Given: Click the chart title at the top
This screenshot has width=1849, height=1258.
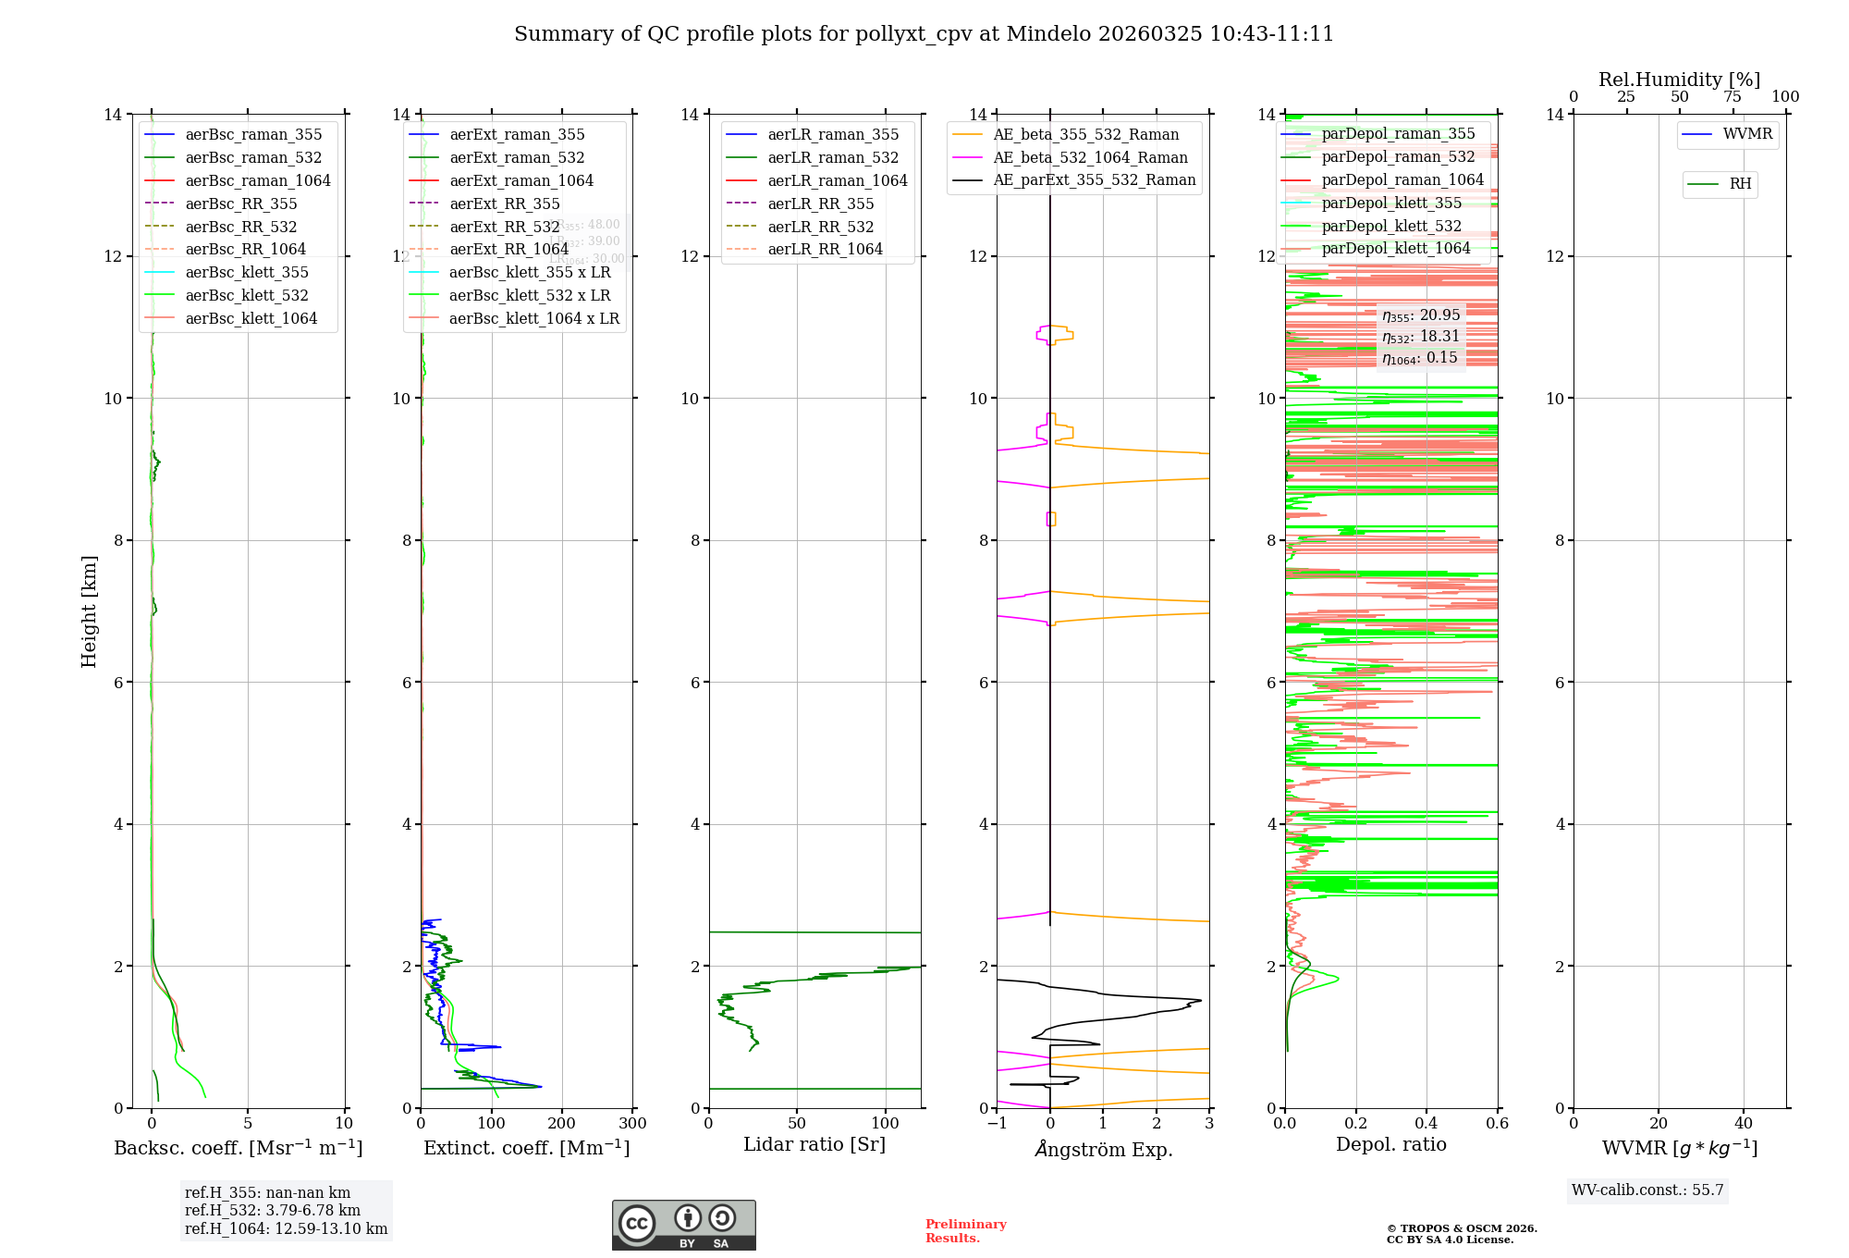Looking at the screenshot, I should tap(924, 34).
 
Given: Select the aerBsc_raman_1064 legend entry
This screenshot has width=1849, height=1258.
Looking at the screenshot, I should tap(257, 180).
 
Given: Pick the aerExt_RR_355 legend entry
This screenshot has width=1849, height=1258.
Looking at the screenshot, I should tap(504, 203).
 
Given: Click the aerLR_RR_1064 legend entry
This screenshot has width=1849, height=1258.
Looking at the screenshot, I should tap(825, 249).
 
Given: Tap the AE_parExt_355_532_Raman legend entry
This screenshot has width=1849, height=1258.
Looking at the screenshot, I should tap(1094, 179).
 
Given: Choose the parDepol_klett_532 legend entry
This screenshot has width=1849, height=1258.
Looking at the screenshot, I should tap(1391, 226).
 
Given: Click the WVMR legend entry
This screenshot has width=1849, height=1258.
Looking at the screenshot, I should tap(1746, 134).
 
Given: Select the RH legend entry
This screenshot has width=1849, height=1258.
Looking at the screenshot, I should tap(1740, 184).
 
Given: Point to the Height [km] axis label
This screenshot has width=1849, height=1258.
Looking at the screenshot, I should tap(89, 610).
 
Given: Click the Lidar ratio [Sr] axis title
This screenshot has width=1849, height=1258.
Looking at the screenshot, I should tap(814, 1144).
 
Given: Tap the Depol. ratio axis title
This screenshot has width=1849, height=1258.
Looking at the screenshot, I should tap(1390, 1144).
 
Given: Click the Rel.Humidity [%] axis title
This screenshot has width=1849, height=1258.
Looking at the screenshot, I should tap(1679, 80).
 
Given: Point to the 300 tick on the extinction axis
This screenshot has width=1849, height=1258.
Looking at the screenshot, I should tap(632, 1123).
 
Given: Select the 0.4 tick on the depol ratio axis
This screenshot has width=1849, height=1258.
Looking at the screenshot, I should tap(1427, 1123).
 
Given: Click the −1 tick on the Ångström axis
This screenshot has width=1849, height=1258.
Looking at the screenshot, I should tap(997, 1123).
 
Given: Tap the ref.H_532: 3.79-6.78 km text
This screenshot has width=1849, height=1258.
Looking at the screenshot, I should tap(272, 1210).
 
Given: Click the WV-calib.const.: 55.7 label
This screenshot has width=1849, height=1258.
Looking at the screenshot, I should tap(1647, 1190).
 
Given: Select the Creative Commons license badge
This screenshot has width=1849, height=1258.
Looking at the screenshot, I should tap(683, 1225).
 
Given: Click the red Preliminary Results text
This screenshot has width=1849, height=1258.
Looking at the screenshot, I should tap(965, 1230).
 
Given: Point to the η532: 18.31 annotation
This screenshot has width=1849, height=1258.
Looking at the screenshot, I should tap(1421, 337).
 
